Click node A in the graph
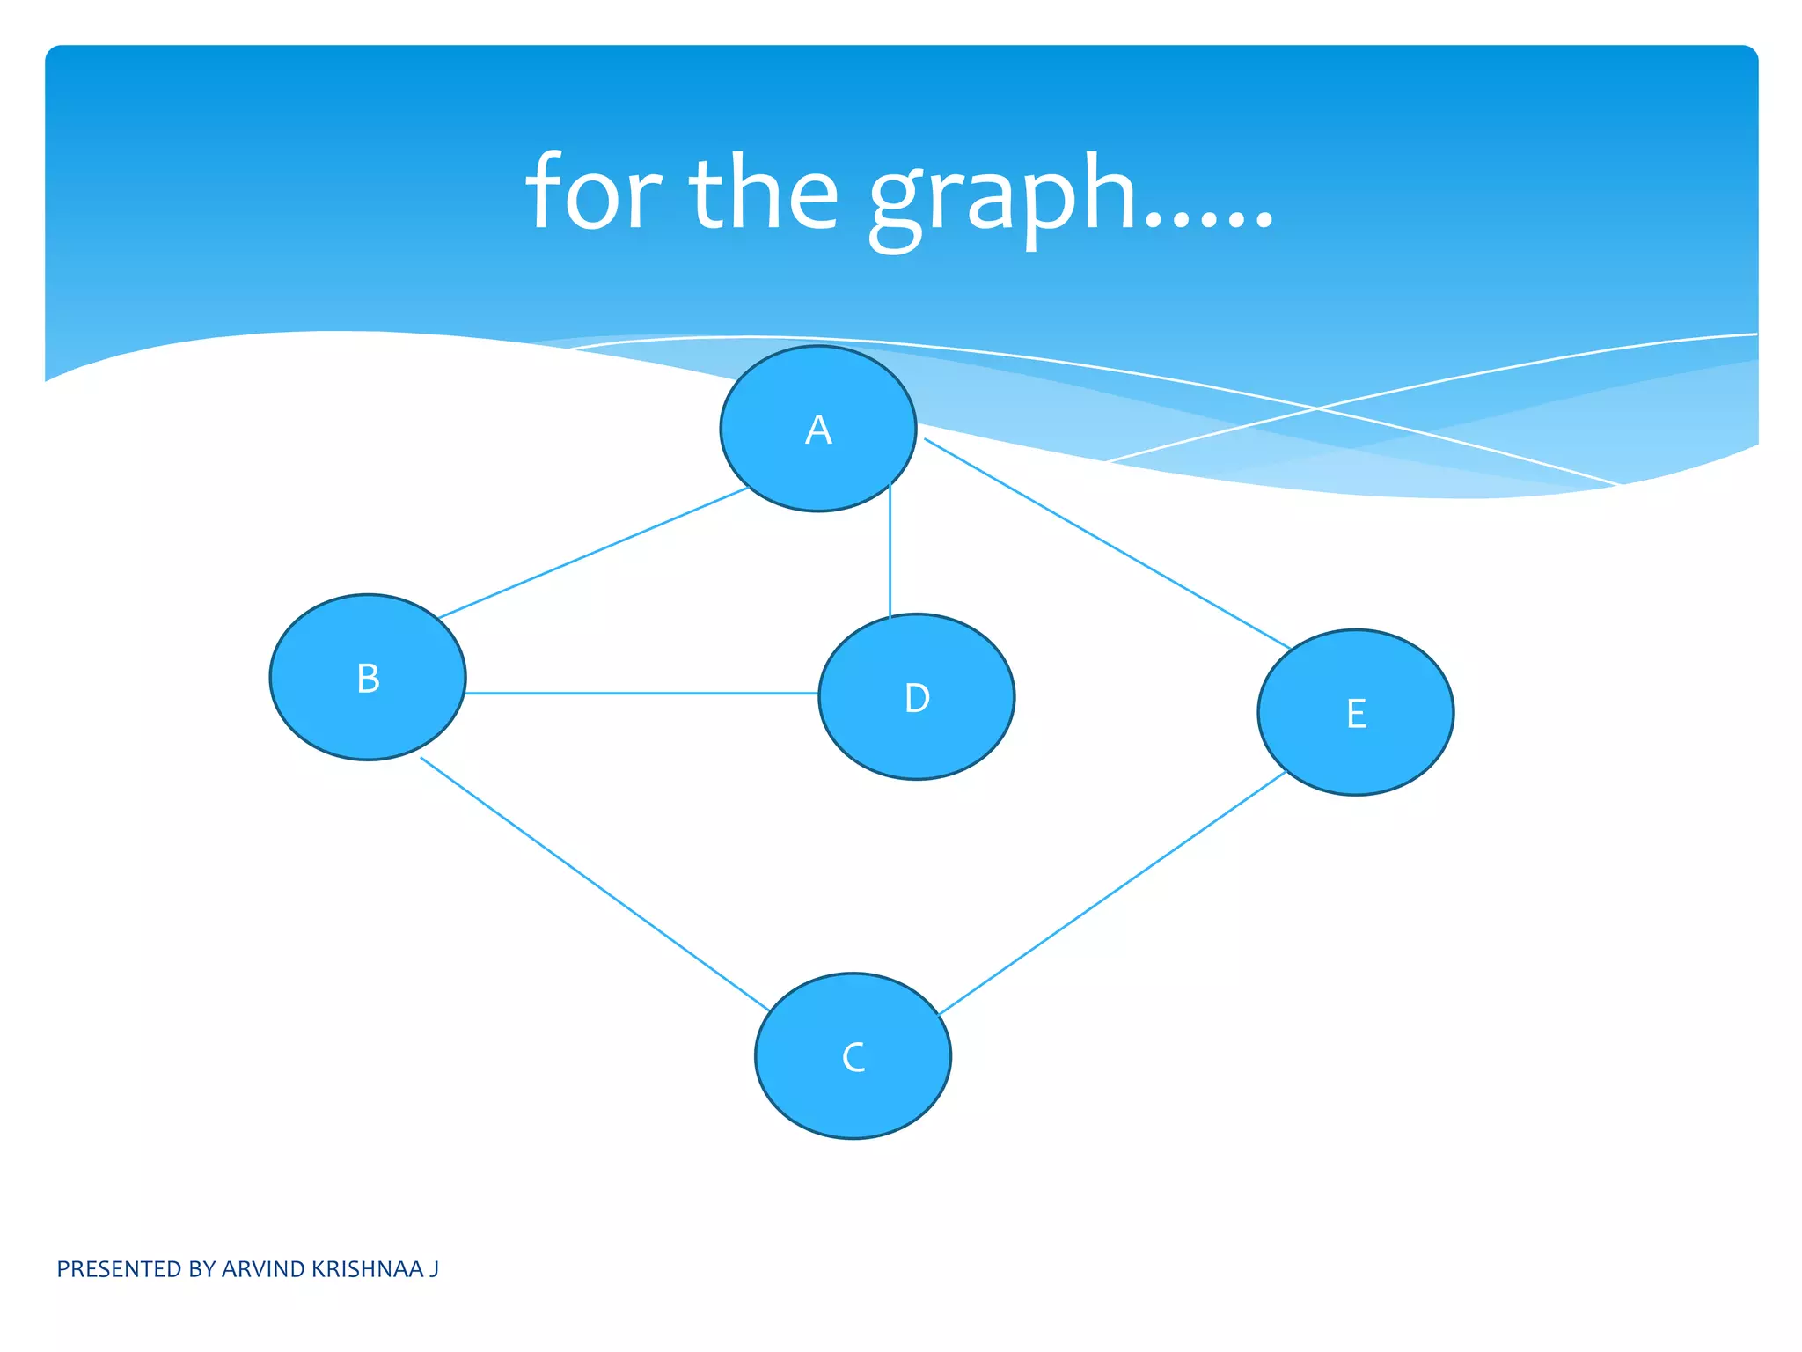(x=818, y=429)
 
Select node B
(x=368, y=678)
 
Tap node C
(x=853, y=1056)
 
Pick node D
(x=916, y=697)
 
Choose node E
(x=1356, y=713)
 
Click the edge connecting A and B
(x=594, y=552)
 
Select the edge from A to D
(x=890, y=550)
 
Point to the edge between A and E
(x=1107, y=543)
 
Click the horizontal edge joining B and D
(x=641, y=693)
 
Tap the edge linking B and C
(x=595, y=884)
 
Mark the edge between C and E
(x=1113, y=893)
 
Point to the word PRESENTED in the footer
(x=119, y=1269)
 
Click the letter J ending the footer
(x=434, y=1269)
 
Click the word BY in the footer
(x=201, y=1269)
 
